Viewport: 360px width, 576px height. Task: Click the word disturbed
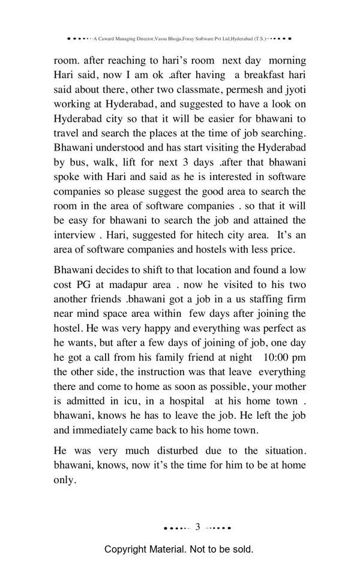(182, 450)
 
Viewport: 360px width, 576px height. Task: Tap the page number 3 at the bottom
(197, 527)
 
